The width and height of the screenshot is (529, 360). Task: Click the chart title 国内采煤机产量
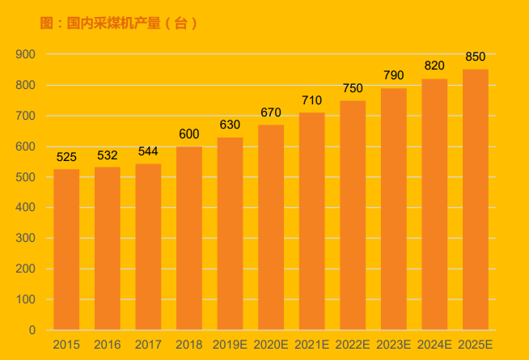(118, 23)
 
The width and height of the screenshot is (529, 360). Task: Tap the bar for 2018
(189, 238)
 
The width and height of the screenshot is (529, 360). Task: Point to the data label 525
(66, 157)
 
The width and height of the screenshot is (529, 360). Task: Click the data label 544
(148, 151)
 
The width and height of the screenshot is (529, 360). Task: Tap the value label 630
(230, 125)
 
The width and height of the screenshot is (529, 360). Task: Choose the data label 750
(353, 88)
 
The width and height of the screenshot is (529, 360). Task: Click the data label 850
(475, 57)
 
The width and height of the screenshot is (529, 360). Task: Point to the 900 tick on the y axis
(26, 54)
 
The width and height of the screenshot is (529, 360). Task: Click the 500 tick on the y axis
(26, 177)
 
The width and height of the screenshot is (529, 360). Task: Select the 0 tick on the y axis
(32, 330)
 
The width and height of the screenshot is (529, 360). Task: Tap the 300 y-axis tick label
(26, 239)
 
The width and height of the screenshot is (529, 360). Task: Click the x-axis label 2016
(108, 345)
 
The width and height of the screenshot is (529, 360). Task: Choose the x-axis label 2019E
(230, 345)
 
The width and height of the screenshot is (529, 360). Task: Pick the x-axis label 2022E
(353, 345)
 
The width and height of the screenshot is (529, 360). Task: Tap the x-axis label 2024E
(434, 345)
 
